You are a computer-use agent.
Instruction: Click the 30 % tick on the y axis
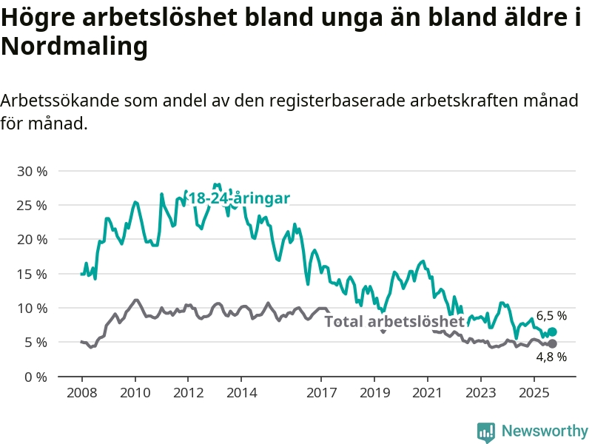(x=32, y=171)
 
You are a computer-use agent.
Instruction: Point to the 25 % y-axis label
(x=32, y=205)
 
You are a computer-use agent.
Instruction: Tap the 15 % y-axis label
(x=32, y=274)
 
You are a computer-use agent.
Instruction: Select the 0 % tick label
(x=36, y=377)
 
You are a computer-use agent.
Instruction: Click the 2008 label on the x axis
(x=81, y=391)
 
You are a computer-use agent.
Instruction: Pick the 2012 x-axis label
(x=188, y=391)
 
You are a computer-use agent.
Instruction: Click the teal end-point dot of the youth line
(x=552, y=332)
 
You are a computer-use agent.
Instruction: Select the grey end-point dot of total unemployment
(x=552, y=343)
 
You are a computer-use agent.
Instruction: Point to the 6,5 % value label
(x=551, y=315)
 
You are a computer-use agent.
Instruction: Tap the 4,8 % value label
(x=551, y=357)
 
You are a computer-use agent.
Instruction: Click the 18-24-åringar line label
(x=238, y=198)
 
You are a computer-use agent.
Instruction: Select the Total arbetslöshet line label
(x=394, y=321)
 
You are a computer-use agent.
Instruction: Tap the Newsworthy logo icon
(x=486, y=431)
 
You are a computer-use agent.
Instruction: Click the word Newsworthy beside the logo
(x=545, y=431)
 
